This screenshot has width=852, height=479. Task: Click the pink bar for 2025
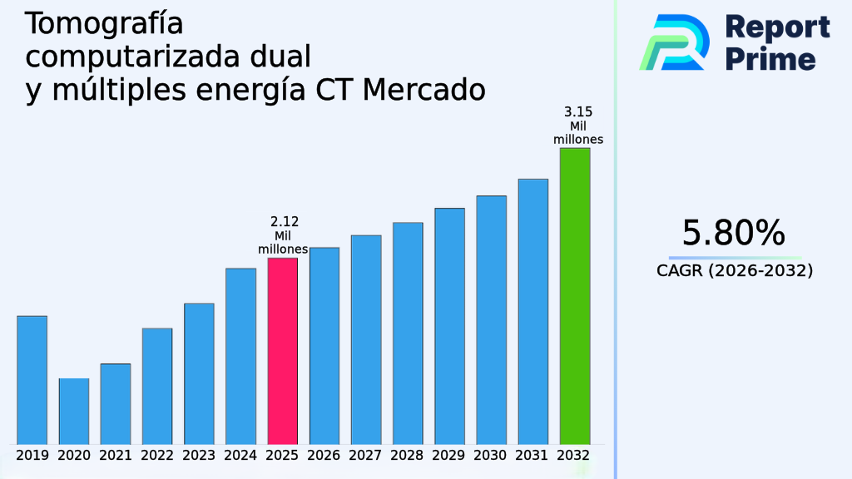282,350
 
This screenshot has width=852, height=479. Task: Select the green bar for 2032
575,295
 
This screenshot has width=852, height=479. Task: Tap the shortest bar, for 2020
74,411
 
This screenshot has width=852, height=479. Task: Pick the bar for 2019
32,379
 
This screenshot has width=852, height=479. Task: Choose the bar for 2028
408,333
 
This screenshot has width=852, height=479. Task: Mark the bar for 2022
157,386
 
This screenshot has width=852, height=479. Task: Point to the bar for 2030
491,319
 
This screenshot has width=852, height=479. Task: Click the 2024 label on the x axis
240,456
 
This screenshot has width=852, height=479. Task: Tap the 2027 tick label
366,456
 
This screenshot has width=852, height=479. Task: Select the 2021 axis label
116,456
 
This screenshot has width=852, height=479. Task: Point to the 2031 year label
533,456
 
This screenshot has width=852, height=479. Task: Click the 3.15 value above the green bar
578,112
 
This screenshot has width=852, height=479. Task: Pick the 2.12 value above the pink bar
285,222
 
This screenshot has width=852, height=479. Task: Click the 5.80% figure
733,233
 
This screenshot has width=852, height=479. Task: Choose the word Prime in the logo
770,59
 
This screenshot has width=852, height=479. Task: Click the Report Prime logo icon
674,42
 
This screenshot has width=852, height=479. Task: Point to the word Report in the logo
777,27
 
